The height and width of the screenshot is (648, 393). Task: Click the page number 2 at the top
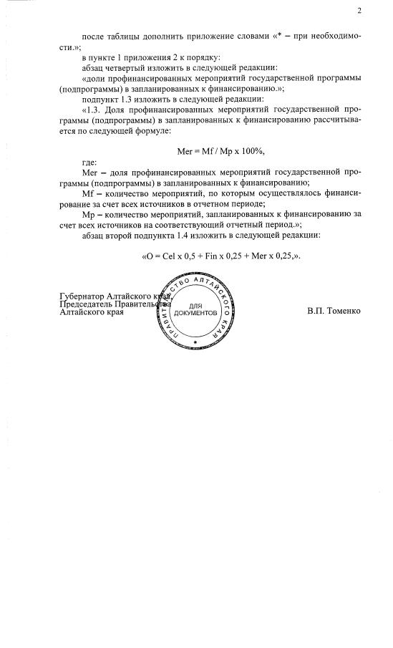(359, 11)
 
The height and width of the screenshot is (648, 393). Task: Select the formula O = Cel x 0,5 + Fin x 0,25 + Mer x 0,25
(220, 256)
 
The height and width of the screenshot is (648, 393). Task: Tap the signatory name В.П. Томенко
(334, 311)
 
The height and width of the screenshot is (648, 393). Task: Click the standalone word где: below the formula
(89, 163)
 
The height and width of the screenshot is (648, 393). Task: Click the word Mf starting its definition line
(88, 193)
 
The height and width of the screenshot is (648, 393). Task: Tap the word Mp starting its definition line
(89, 214)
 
